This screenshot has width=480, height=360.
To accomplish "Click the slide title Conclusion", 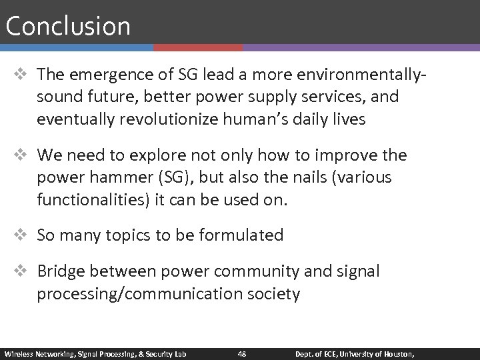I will click(x=67, y=27).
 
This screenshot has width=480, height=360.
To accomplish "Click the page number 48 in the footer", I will click(x=241, y=353).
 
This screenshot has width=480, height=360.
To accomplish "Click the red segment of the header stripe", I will click(x=198, y=48).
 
